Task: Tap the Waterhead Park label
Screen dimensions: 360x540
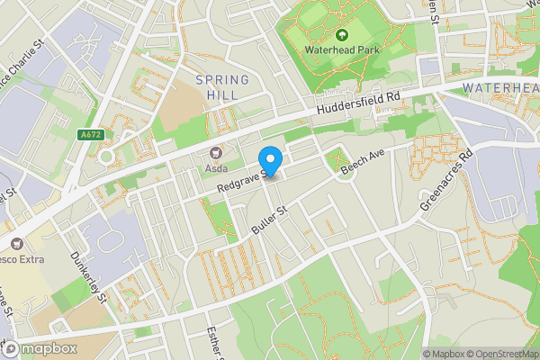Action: click(341, 49)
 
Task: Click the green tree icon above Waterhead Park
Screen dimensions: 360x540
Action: click(341, 35)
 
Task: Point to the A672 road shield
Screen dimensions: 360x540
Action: click(90, 135)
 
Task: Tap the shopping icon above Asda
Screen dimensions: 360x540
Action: click(215, 153)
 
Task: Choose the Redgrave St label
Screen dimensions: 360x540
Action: click(240, 178)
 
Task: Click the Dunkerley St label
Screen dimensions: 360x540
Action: click(89, 275)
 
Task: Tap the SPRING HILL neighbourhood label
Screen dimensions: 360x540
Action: click(216, 86)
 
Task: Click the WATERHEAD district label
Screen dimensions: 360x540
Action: click(500, 87)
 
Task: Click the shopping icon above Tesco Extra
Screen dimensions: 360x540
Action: click(16, 243)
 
